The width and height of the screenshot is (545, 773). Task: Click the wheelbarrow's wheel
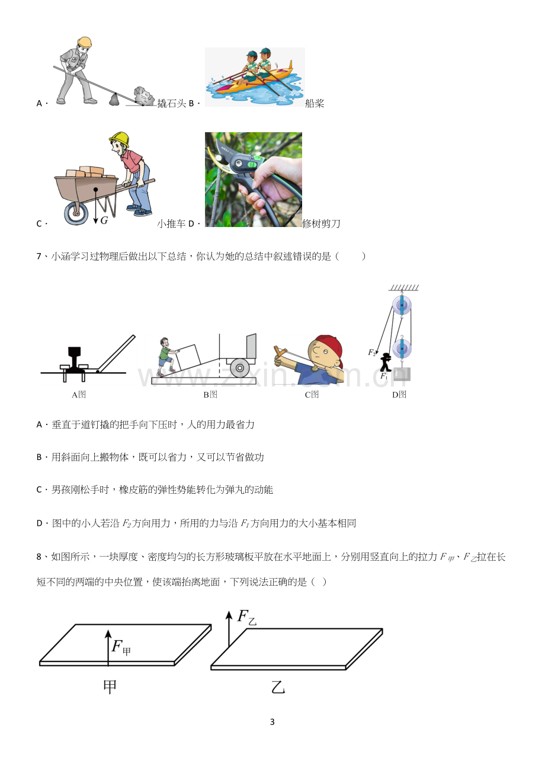76,213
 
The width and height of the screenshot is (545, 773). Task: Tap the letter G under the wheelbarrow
104,220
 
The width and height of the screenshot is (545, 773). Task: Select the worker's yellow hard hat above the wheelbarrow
120,139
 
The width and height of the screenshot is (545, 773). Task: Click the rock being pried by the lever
145,95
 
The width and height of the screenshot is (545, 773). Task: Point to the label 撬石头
171,103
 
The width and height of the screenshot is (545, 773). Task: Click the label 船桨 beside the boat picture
315,103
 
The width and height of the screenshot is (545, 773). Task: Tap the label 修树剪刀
321,223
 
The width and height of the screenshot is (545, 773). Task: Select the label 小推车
171,223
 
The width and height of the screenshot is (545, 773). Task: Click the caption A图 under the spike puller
79,395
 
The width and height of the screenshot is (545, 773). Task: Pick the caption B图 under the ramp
210,395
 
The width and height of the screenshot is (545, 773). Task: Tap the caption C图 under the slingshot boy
312,395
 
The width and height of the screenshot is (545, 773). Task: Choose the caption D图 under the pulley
399,395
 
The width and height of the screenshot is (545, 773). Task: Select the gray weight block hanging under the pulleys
402,374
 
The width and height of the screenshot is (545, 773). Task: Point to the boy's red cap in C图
331,348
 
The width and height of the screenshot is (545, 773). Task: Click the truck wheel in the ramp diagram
240,368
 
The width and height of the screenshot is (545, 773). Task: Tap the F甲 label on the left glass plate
121,647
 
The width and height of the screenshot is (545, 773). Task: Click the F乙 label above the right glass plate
247,617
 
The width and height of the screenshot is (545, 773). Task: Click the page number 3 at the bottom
272,721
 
